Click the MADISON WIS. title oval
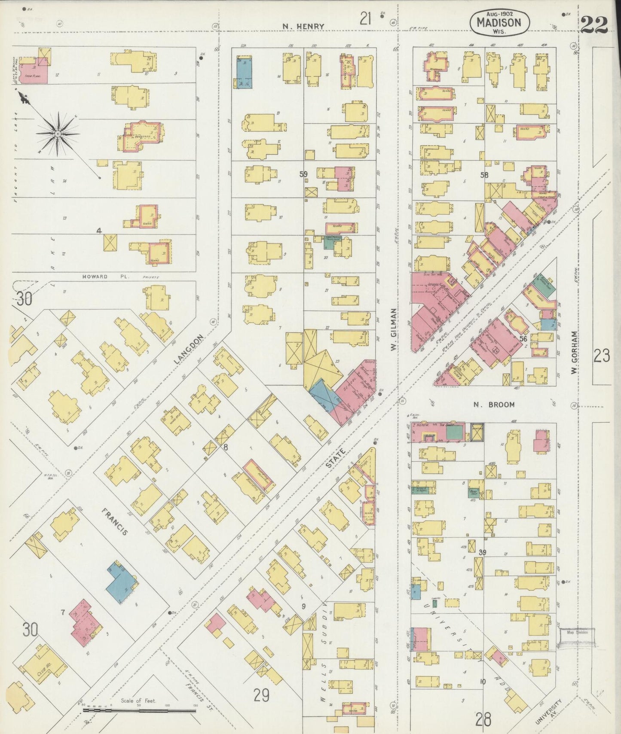(x=499, y=23)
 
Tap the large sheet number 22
(x=595, y=25)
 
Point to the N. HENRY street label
(x=303, y=27)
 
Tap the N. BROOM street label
(x=494, y=405)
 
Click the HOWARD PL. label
(x=95, y=277)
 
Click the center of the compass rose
(x=57, y=134)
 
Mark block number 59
(x=304, y=174)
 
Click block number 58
(x=484, y=175)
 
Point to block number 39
(x=482, y=552)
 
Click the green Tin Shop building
(x=455, y=431)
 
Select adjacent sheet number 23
(x=602, y=356)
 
